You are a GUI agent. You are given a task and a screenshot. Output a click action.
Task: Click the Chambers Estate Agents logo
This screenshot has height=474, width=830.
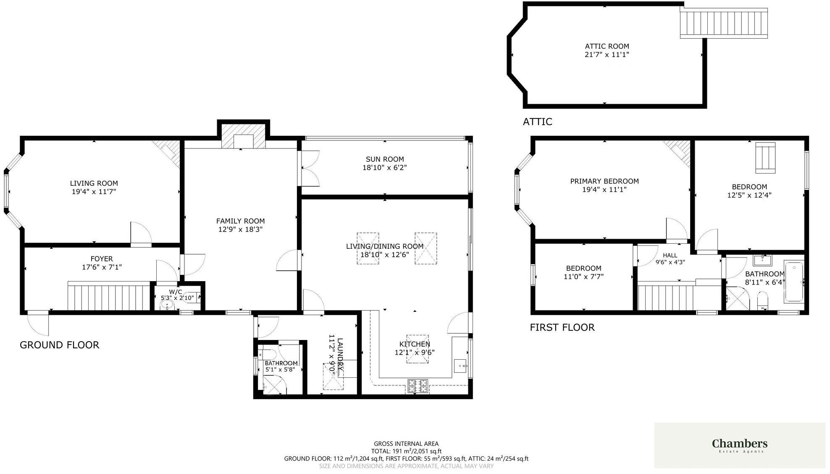pos(740,445)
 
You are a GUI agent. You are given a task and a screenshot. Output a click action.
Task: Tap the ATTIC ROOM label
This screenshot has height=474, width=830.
pos(607,46)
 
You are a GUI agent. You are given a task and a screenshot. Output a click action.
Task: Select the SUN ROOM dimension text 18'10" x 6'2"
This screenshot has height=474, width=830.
pos(385,168)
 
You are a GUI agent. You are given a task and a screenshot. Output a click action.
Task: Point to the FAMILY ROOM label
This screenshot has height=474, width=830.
pos(240,221)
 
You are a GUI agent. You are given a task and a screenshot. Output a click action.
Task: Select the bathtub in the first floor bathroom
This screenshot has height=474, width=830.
pos(794,282)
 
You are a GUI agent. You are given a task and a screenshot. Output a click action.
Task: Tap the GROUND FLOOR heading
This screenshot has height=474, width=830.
pos(60,345)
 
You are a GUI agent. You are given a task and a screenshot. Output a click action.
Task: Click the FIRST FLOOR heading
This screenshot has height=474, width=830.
pos(562,327)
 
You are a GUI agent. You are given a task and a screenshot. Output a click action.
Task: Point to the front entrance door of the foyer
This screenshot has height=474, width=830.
pos(38,322)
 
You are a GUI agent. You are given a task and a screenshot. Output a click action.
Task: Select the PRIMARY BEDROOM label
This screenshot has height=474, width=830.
pos(604,181)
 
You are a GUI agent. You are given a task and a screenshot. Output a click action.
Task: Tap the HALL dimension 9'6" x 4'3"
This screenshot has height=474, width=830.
pos(670,262)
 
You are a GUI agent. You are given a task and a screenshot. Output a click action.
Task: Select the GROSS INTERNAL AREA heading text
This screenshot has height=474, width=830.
pos(406,443)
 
